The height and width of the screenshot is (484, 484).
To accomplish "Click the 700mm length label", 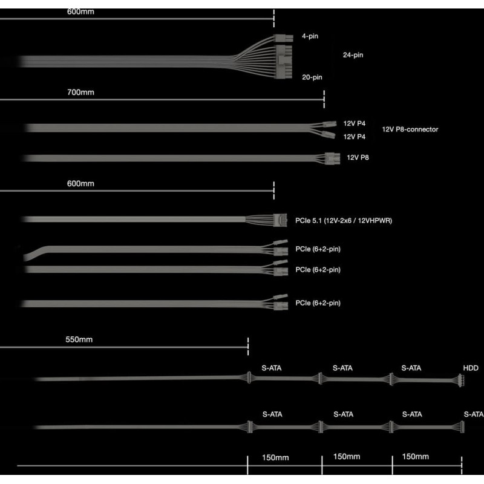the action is tap(80, 93).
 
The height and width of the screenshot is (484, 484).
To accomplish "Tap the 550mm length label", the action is tap(79, 339).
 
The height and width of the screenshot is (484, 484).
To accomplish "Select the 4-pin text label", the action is tap(310, 36).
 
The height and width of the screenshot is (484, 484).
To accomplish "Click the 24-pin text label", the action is tap(353, 55).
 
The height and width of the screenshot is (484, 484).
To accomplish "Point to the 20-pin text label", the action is tap(312, 77).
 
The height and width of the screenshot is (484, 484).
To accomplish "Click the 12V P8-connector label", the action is tap(410, 129).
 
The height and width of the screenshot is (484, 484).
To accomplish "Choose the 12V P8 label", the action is tap(358, 157).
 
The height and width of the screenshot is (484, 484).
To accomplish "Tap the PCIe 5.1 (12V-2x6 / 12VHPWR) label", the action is tap(344, 221).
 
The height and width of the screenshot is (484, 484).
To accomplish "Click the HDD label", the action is tap(471, 368).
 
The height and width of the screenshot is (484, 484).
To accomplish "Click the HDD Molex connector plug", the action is tap(461, 381).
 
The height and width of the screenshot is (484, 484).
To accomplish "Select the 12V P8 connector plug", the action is tap(332, 159).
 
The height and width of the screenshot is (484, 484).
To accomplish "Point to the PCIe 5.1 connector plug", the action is tap(280, 220).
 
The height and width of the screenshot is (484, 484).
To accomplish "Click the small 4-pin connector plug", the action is tap(283, 38).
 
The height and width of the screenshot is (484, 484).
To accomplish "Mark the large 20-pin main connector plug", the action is tap(284, 62).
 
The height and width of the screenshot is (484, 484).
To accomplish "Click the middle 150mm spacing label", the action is tap(347, 457).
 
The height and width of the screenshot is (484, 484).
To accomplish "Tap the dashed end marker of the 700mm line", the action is tap(324, 99).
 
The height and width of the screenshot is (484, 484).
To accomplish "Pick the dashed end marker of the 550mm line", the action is tap(248, 347).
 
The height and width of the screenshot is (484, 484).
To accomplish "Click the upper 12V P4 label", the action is tap(354, 123).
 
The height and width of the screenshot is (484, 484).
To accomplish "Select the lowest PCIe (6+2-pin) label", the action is tap(318, 303).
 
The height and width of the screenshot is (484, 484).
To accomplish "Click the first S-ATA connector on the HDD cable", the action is tap(249, 378).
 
